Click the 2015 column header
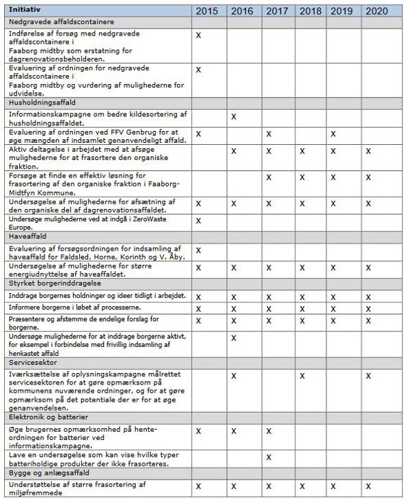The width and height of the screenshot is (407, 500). point(206,11)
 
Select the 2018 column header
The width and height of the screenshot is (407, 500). point(311,11)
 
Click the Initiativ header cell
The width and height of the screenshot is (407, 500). point(25,11)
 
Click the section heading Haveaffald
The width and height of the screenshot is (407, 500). point(28,236)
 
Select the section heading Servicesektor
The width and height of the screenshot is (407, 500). point(33,362)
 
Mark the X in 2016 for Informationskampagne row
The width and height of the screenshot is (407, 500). point(234,117)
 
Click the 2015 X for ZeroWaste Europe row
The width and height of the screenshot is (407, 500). point(198,221)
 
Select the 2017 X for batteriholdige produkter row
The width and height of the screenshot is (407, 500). point(268,457)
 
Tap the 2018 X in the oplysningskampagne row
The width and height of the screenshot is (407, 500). point(302,376)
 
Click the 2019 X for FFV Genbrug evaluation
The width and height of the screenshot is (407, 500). point(333,134)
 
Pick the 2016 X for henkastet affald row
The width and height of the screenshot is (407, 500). point(234,338)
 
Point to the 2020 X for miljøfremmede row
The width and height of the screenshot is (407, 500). point(368,486)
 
